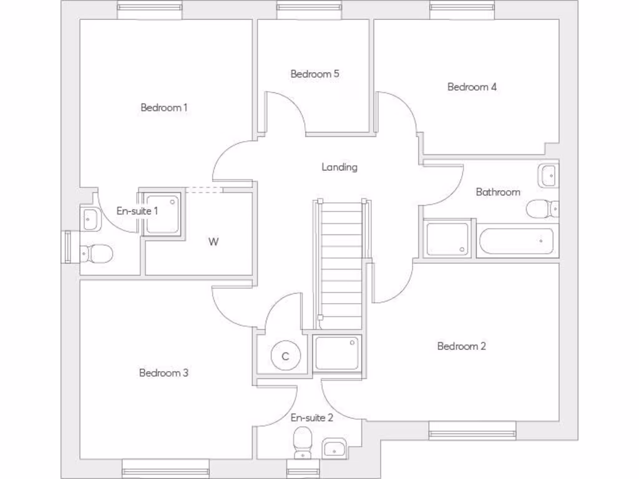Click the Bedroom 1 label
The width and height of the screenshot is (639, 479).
pos(164,107)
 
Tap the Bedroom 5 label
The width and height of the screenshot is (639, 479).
pos(315,74)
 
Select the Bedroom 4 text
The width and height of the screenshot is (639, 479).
pos(472,87)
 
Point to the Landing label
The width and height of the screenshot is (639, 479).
pos(339,167)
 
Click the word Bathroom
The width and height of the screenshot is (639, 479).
pos(497,192)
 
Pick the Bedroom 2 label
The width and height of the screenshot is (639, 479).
pos(461,346)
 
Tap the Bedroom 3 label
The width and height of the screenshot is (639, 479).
pos(163,373)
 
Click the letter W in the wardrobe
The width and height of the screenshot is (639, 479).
pos(213,242)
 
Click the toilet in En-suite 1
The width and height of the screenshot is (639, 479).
pos(97,253)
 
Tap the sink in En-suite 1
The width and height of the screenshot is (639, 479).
pos(89,218)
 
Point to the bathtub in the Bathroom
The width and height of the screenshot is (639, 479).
pos(517,241)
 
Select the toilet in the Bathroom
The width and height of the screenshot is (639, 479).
pos(540,208)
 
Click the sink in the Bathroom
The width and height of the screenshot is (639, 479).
pos(549,175)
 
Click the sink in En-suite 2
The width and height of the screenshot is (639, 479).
pos(335,448)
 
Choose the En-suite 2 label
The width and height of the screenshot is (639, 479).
pos(312,417)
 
